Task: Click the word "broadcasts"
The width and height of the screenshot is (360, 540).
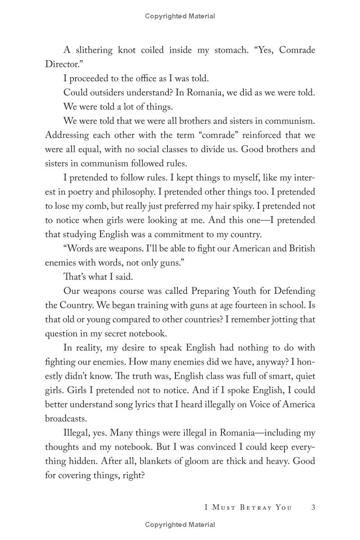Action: [66, 418]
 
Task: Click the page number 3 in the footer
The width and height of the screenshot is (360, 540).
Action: [313, 507]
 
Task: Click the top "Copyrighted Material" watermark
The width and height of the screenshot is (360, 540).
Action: [180, 16]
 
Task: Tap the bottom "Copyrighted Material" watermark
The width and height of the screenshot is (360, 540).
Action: [180, 525]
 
